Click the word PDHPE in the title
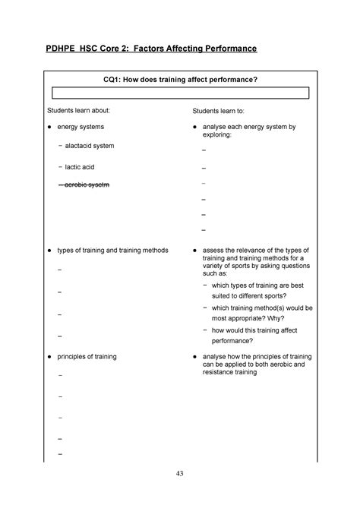[x=64, y=49]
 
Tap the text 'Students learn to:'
[x=226, y=112]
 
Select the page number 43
[x=180, y=475]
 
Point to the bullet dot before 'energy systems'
[x=49, y=126]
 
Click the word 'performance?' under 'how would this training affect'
[x=237, y=342]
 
